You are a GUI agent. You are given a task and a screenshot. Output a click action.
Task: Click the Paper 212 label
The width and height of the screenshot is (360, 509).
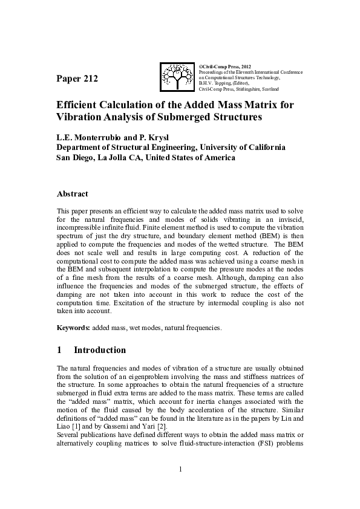[77, 79]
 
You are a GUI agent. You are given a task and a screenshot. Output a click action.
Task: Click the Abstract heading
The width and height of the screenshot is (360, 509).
[72, 194]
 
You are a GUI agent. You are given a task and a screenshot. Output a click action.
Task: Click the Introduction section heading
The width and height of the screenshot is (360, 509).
[100, 350]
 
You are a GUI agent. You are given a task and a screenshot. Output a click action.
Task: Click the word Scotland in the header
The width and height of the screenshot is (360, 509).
[269, 89]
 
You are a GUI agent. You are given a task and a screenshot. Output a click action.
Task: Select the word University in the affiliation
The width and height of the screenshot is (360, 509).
[220, 147]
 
